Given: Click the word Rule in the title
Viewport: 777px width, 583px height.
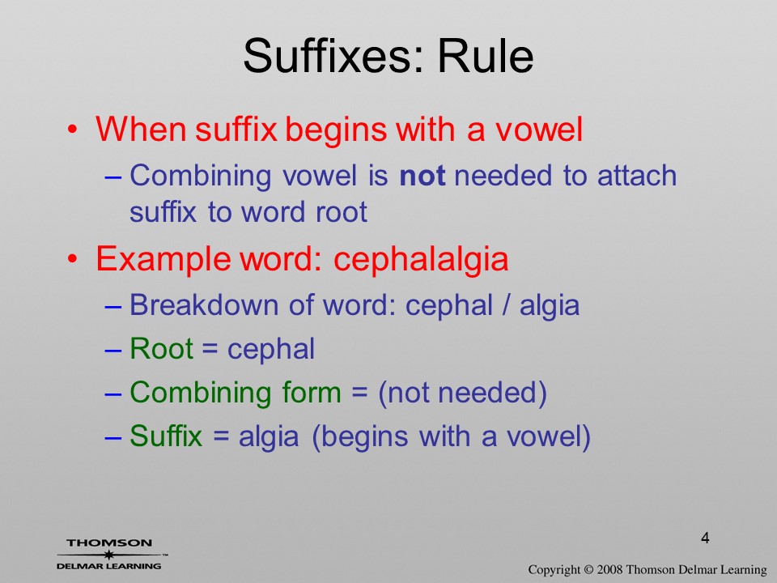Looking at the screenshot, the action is (x=486, y=56).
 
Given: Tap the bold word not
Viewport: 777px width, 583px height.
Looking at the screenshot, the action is (x=422, y=176).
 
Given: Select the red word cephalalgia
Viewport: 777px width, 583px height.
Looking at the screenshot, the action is (x=421, y=260).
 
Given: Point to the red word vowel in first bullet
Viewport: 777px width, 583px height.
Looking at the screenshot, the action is (x=539, y=129).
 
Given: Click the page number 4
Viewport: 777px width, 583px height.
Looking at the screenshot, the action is (x=705, y=538).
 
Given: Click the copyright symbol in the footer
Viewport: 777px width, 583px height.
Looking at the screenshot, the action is (x=588, y=569).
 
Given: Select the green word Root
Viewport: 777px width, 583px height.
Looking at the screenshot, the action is (x=161, y=348).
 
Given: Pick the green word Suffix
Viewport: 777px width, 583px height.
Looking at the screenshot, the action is (x=166, y=436).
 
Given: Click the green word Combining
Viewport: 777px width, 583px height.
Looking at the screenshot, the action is (x=200, y=394).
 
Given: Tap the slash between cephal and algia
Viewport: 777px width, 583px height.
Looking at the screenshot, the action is (x=505, y=305).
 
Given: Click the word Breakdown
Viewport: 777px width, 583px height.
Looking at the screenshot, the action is (x=204, y=305).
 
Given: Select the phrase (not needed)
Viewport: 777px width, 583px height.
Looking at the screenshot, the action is (x=462, y=394).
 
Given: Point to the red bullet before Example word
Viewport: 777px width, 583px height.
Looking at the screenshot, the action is (x=73, y=259).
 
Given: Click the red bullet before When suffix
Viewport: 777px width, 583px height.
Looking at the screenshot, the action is (x=73, y=130).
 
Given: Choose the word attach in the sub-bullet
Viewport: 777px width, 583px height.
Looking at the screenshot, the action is (x=637, y=176).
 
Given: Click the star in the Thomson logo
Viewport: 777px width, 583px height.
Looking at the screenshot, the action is (x=108, y=555).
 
